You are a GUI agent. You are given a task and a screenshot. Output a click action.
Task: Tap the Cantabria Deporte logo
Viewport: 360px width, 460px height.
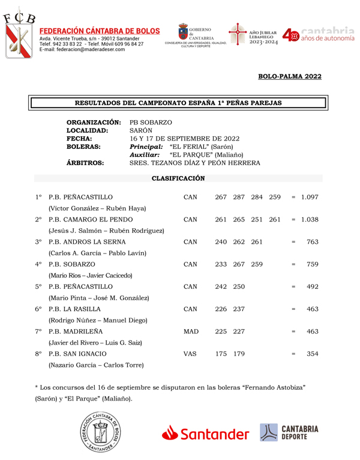[289, 432]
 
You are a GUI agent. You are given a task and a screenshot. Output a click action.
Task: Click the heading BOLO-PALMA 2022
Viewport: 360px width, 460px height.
[290, 76]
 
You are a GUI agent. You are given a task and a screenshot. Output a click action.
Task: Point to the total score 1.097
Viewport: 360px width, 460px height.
[310, 197]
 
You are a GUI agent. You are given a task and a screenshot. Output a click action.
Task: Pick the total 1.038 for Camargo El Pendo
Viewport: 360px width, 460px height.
[310, 219]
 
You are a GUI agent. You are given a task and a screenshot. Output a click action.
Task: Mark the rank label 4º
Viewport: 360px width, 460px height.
[38, 264]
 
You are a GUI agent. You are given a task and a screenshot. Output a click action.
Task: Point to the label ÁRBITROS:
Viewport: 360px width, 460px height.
[85, 163]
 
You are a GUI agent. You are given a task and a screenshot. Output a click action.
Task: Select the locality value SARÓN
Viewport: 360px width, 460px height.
[141, 130]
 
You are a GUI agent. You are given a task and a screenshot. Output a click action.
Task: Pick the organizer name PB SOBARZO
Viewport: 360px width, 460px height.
[151, 122]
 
